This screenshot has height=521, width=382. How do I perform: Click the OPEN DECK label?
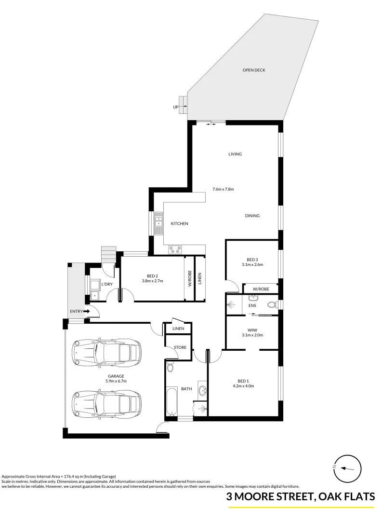click(253, 70)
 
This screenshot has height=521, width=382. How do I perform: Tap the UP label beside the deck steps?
click(175, 107)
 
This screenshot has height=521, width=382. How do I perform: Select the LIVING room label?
click(235, 154)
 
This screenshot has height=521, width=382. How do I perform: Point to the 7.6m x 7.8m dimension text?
click(223, 189)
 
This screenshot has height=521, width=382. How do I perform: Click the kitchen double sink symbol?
click(159, 223)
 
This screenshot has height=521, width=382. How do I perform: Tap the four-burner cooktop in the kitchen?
click(174, 250)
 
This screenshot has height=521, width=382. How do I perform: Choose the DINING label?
click(252, 216)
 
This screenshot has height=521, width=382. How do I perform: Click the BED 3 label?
click(252, 260)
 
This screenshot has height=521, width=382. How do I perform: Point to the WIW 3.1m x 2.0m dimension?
click(252, 335)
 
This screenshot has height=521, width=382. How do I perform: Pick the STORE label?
click(180, 347)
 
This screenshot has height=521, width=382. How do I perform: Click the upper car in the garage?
click(106, 353)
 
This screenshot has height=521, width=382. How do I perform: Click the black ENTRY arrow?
click(87, 312)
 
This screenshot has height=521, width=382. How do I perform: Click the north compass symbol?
click(345, 467)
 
